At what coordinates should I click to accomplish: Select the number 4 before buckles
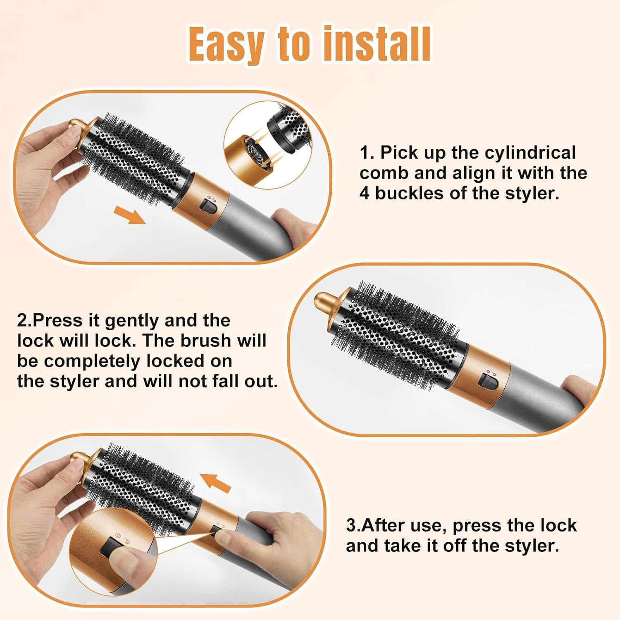pyautogui.click(x=364, y=193)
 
